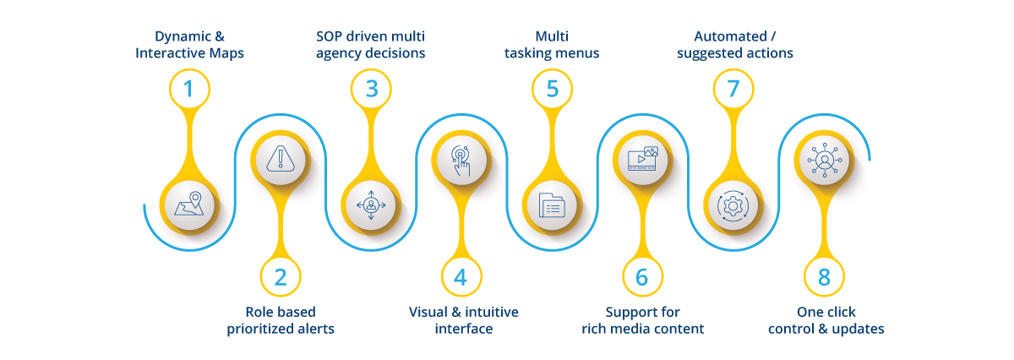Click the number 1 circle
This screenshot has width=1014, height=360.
point(189,89)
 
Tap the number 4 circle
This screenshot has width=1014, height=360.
point(461,276)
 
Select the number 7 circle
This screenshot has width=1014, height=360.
point(733,89)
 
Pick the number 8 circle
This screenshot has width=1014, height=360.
point(824,276)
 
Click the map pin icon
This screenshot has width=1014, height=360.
point(189,204)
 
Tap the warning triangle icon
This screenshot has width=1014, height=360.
point(281,159)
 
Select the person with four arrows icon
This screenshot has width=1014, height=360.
point(371,205)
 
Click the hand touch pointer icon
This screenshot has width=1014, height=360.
point(461,161)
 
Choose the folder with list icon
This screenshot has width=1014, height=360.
point(552,205)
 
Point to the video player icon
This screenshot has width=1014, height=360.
point(643,159)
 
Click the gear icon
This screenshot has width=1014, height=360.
point(733,206)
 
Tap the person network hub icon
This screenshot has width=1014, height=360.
point(825,160)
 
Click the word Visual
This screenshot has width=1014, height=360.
point(428,312)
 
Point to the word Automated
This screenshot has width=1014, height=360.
point(730,36)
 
